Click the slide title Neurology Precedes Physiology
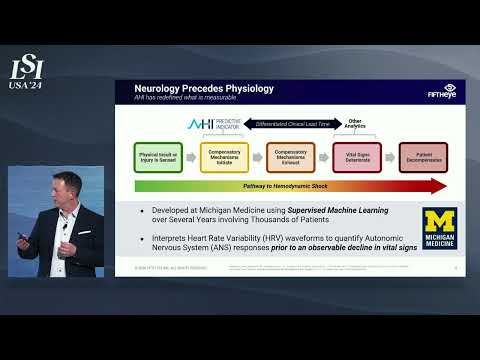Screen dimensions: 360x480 coord(204,89)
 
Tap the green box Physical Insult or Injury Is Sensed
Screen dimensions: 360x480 coord(158,156)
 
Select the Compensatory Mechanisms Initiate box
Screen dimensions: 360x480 coord(224,156)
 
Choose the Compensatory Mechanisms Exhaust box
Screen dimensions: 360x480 coord(290,156)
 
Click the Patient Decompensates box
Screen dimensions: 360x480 coord(423,156)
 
